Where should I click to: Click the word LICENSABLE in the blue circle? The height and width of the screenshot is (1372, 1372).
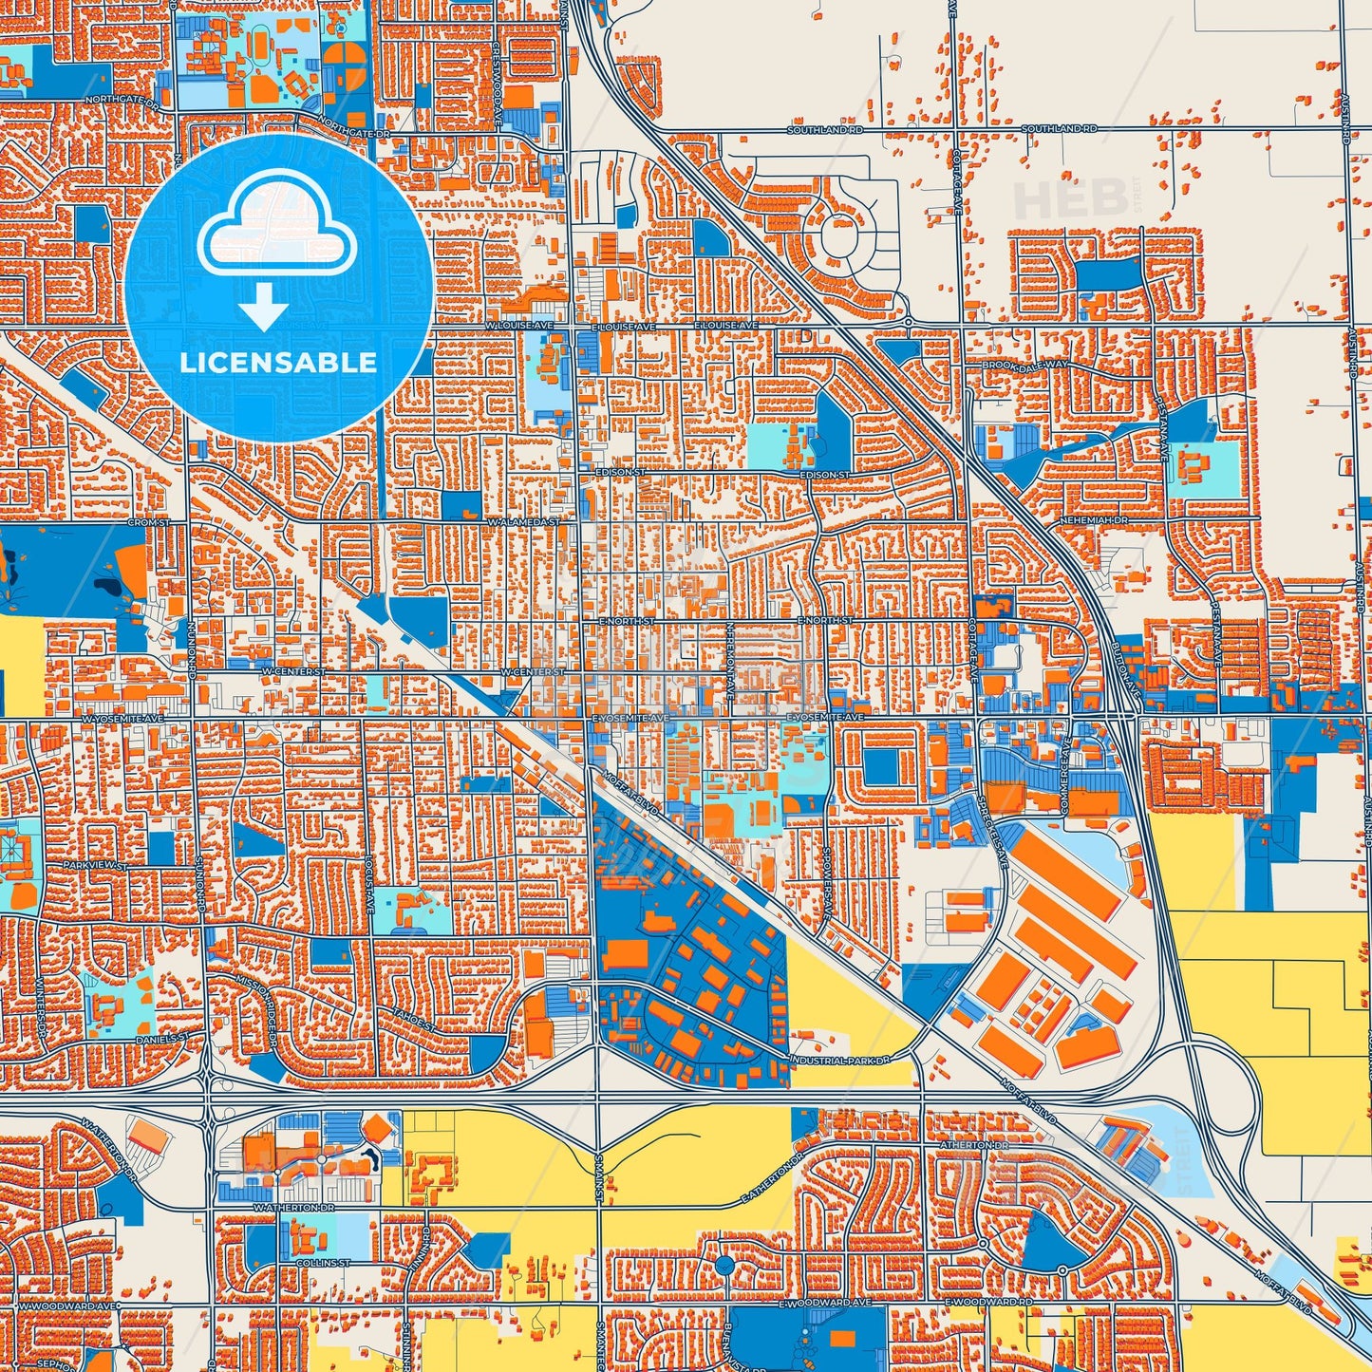278,362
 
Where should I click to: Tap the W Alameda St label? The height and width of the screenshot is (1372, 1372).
524,521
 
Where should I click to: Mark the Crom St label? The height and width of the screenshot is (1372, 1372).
149,521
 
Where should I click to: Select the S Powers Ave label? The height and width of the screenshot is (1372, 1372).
828,884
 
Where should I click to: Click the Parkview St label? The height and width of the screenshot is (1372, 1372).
95,865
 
